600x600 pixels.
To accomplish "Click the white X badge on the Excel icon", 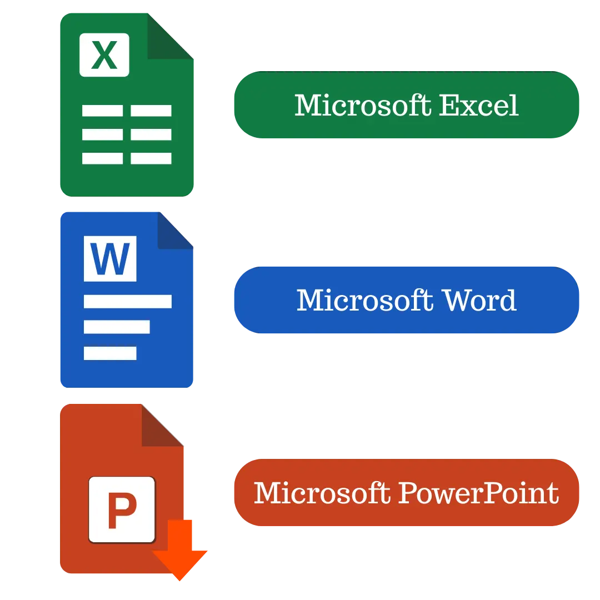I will coord(104,54).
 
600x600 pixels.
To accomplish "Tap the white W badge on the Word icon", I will coord(110,258).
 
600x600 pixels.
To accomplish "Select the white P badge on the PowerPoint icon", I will coord(122,509).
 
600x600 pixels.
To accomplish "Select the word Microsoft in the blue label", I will coord(365,300).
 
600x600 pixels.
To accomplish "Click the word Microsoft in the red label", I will coord(322,493).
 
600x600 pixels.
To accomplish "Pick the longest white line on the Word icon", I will coord(128,301).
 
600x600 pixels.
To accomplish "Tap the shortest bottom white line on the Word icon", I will coord(110,353).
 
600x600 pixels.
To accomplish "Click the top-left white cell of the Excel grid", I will coord(102,111).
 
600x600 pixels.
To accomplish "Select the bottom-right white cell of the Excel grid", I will coord(151,158).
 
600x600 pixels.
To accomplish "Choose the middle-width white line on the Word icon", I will coord(117,327).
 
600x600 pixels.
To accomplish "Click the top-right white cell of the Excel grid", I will coord(151,111).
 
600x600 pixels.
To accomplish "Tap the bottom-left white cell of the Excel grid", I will coord(102,158).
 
